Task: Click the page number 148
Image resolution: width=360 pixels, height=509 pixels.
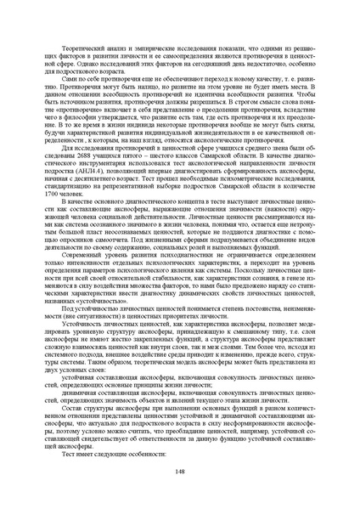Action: (180, 472)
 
